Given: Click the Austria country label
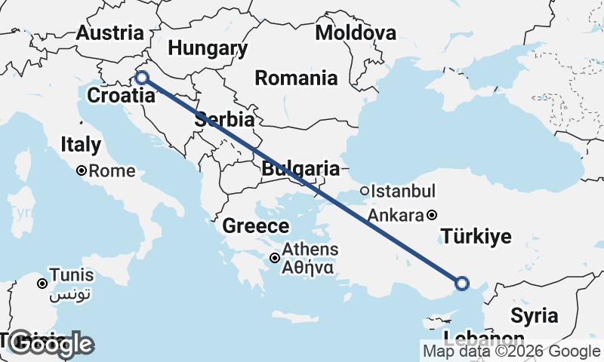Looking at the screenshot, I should (x=110, y=33).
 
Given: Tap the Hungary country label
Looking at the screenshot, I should (x=208, y=49).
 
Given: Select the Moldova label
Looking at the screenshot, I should (x=356, y=32).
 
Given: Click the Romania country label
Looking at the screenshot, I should (x=296, y=78).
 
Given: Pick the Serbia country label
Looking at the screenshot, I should (x=223, y=119).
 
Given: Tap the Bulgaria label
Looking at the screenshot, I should (x=300, y=168).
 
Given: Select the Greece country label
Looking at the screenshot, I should (x=256, y=225).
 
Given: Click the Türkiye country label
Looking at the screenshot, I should (x=476, y=237).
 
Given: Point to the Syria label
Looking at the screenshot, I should (x=534, y=314).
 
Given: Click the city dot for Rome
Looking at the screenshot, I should (x=82, y=171).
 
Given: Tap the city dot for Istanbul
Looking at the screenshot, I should (x=365, y=192).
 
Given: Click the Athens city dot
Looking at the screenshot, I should (x=276, y=259).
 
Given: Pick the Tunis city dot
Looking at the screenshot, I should (x=43, y=284).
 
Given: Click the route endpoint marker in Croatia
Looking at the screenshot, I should (x=141, y=76).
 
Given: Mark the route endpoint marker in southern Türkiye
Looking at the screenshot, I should (x=462, y=284).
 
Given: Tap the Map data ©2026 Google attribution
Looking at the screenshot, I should (x=511, y=351).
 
